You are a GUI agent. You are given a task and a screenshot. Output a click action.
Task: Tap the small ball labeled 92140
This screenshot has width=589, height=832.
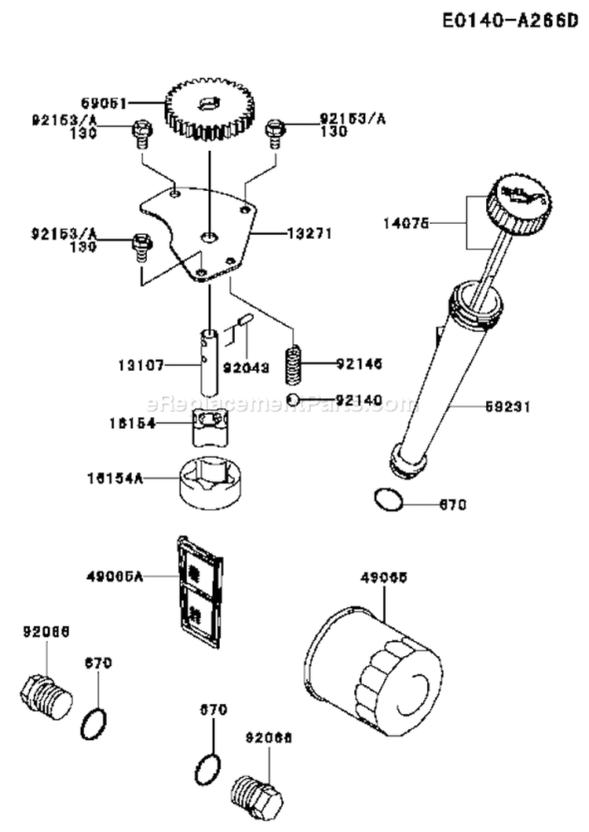[x=293, y=400]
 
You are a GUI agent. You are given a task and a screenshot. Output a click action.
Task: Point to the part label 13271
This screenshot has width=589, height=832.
[x=310, y=233]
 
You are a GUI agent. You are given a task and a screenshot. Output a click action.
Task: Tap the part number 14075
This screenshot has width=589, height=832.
[x=408, y=223]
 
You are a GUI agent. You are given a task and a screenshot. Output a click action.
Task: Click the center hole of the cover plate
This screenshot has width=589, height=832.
[x=209, y=236]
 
